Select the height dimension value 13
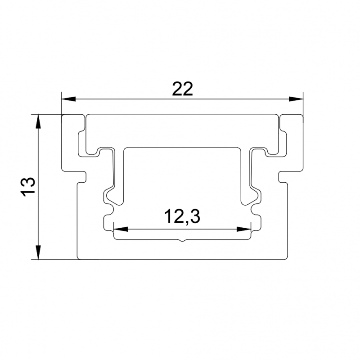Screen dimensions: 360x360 (28, 186)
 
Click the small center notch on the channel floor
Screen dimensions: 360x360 (182, 242)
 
